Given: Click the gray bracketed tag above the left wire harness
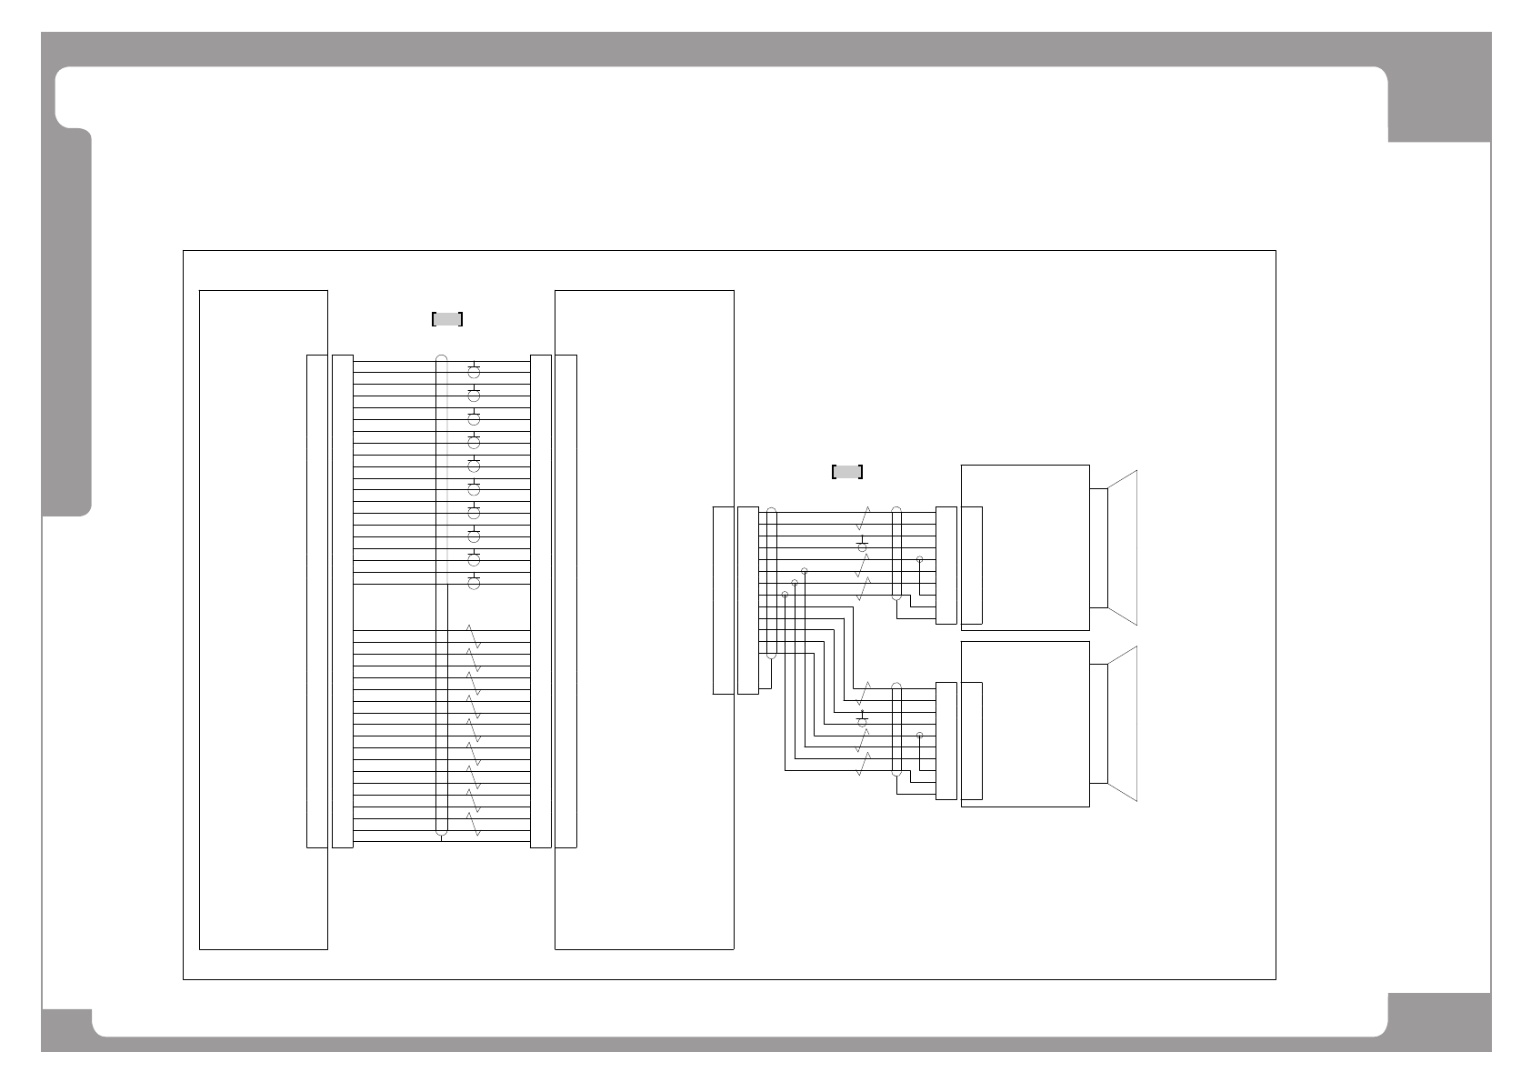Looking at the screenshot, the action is click(x=447, y=319).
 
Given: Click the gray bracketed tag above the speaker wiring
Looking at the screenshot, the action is click(x=847, y=472).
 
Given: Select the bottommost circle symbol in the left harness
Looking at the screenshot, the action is click(x=474, y=582).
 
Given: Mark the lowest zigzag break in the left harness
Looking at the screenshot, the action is click(x=473, y=825).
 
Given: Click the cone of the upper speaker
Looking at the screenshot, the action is click(x=1123, y=548).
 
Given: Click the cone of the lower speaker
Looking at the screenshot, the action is click(x=1123, y=724).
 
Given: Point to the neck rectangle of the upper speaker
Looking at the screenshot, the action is click(x=1098, y=548).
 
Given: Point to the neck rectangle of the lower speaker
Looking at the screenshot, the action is click(x=1098, y=724).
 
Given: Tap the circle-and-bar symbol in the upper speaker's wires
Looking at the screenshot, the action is click(x=863, y=546).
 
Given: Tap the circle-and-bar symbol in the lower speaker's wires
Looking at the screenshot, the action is click(x=863, y=722).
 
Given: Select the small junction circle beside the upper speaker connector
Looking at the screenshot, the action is click(x=920, y=560).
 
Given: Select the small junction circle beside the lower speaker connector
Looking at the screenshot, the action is click(x=920, y=735).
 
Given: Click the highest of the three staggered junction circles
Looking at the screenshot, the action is click(x=805, y=571).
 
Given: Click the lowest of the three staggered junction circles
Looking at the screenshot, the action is click(x=785, y=595).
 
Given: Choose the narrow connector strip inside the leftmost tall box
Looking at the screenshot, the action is click(x=316, y=601).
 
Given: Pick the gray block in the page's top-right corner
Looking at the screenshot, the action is click(x=1439, y=105).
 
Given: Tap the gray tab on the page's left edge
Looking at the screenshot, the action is click(x=67, y=323).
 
